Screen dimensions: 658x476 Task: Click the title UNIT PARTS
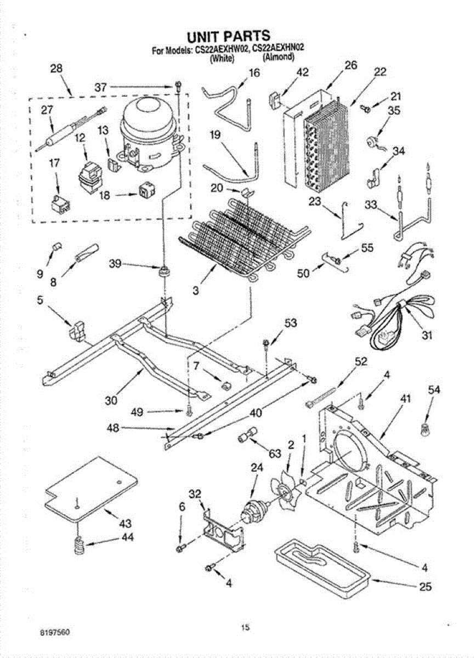(x=229, y=37)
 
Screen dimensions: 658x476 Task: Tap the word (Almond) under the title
(x=279, y=58)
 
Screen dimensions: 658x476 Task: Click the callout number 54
(x=434, y=389)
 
